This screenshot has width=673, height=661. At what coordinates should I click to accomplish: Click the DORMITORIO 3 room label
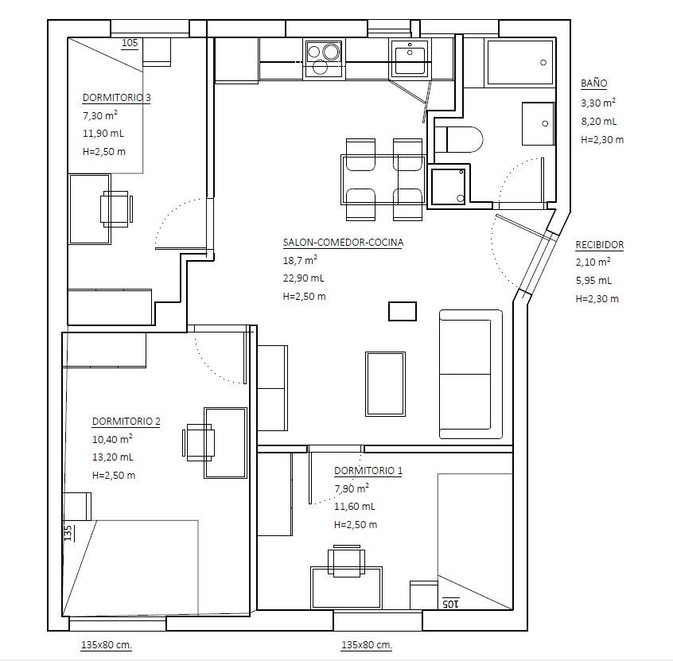117,97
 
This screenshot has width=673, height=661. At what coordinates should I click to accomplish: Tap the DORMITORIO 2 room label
126,421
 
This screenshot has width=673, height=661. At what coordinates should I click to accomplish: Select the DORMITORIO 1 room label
368,470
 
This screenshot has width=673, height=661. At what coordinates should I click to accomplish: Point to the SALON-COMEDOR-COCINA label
344,242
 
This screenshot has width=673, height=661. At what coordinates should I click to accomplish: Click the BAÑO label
594,84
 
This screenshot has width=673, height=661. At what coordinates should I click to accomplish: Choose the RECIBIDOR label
600,245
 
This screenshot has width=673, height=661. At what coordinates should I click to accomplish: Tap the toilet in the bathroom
458,139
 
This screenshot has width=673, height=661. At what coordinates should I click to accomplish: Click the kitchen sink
410,58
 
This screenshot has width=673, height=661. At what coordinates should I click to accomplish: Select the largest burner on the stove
332,52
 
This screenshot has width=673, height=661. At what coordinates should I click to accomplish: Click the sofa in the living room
470,375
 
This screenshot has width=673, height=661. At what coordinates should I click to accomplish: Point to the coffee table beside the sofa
386,383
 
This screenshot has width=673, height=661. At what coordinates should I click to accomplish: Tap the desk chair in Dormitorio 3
116,209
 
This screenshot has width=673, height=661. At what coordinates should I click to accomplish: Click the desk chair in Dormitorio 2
199,442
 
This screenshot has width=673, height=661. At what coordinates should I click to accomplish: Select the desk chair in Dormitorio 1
347,561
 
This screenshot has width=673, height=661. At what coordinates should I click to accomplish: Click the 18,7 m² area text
300,260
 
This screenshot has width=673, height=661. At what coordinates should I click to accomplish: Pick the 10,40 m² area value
112,439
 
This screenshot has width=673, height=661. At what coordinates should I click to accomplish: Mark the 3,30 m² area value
598,103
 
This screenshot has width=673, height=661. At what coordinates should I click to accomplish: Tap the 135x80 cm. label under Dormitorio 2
107,644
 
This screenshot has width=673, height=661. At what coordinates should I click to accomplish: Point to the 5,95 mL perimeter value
593,281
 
